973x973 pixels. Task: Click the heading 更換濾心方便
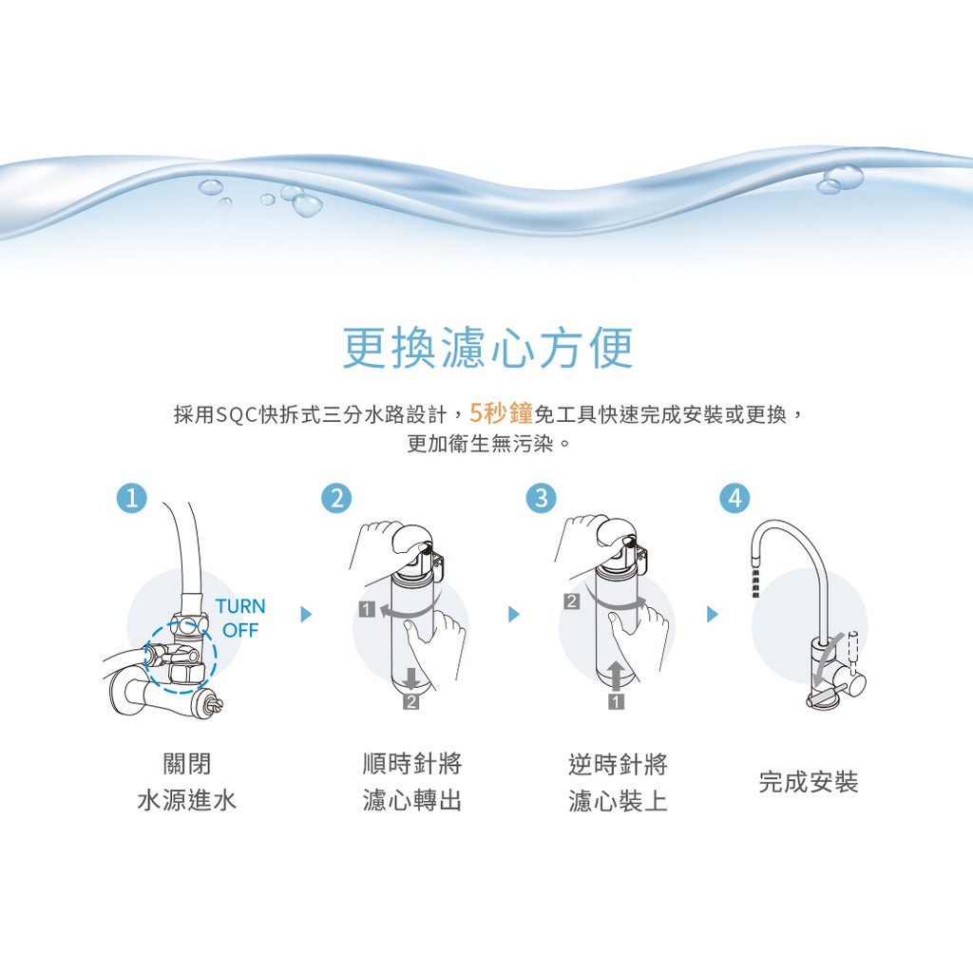[x=487, y=348]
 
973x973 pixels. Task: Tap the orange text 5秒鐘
[x=501, y=413]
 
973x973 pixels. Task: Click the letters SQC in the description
[x=236, y=414]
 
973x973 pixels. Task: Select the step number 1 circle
[x=132, y=498]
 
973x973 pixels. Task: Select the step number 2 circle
[x=337, y=498]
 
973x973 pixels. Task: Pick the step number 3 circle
[x=542, y=498]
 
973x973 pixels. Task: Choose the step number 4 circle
[x=735, y=498]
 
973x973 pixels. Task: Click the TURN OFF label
[x=240, y=618]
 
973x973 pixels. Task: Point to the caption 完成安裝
[x=809, y=782]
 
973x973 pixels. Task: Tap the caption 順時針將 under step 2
[x=412, y=764]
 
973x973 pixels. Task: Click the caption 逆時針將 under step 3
[x=618, y=764]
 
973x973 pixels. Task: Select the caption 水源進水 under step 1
[x=187, y=800]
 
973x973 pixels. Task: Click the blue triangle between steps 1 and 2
[x=306, y=615]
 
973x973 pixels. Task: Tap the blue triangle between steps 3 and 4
[x=713, y=615]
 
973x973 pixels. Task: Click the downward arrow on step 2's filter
[x=410, y=678]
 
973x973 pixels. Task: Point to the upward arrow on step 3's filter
[x=616, y=677]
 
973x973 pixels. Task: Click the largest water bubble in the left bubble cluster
[x=307, y=205]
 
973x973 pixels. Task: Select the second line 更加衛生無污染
[x=487, y=444]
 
